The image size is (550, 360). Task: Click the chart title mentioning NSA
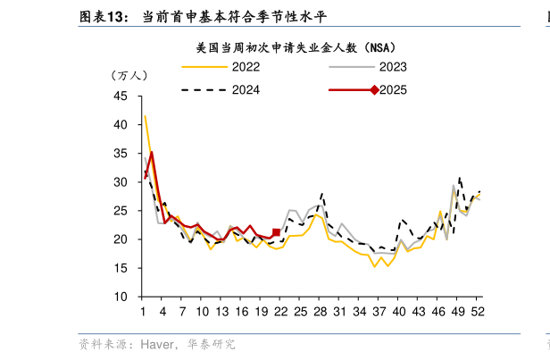tap(296, 46)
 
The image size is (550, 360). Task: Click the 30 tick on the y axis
tap(121, 182)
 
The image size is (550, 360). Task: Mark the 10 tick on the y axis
tap(121, 297)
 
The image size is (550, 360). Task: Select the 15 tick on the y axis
tap(121, 268)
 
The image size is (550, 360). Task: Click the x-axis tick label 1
tap(143, 311)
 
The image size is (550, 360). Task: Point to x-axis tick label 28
tap(320, 311)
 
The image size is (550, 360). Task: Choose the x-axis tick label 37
tap(379, 311)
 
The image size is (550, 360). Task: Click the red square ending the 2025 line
tap(276, 232)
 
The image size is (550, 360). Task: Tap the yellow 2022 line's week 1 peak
tap(145, 116)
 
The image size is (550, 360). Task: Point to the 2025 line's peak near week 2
tap(152, 152)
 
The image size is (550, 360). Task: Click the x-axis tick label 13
tap(221, 311)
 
